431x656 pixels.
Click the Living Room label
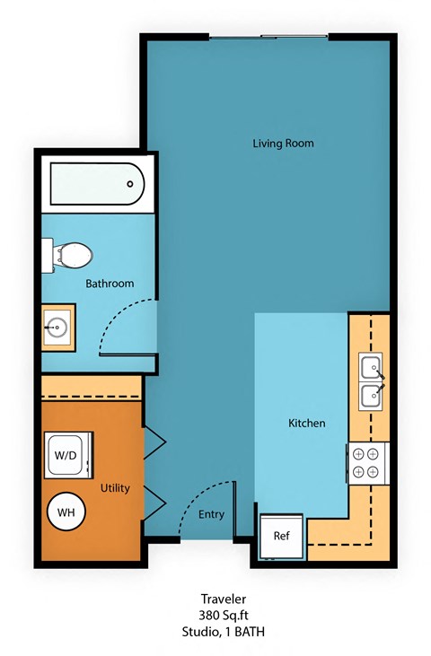click(283, 144)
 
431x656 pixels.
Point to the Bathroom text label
click(110, 284)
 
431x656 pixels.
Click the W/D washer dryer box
click(67, 455)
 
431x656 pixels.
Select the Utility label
click(116, 489)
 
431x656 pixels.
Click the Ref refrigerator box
click(282, 536)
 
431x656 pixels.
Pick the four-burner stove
click(366, 463)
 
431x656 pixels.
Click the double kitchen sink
click(372, 380)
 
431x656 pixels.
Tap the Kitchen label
click(306, 423)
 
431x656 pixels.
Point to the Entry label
click(212, 514)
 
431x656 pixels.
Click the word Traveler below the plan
click(223, 598)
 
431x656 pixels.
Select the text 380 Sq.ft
click(223, 615)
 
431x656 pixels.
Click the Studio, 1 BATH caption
click(223, 632)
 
